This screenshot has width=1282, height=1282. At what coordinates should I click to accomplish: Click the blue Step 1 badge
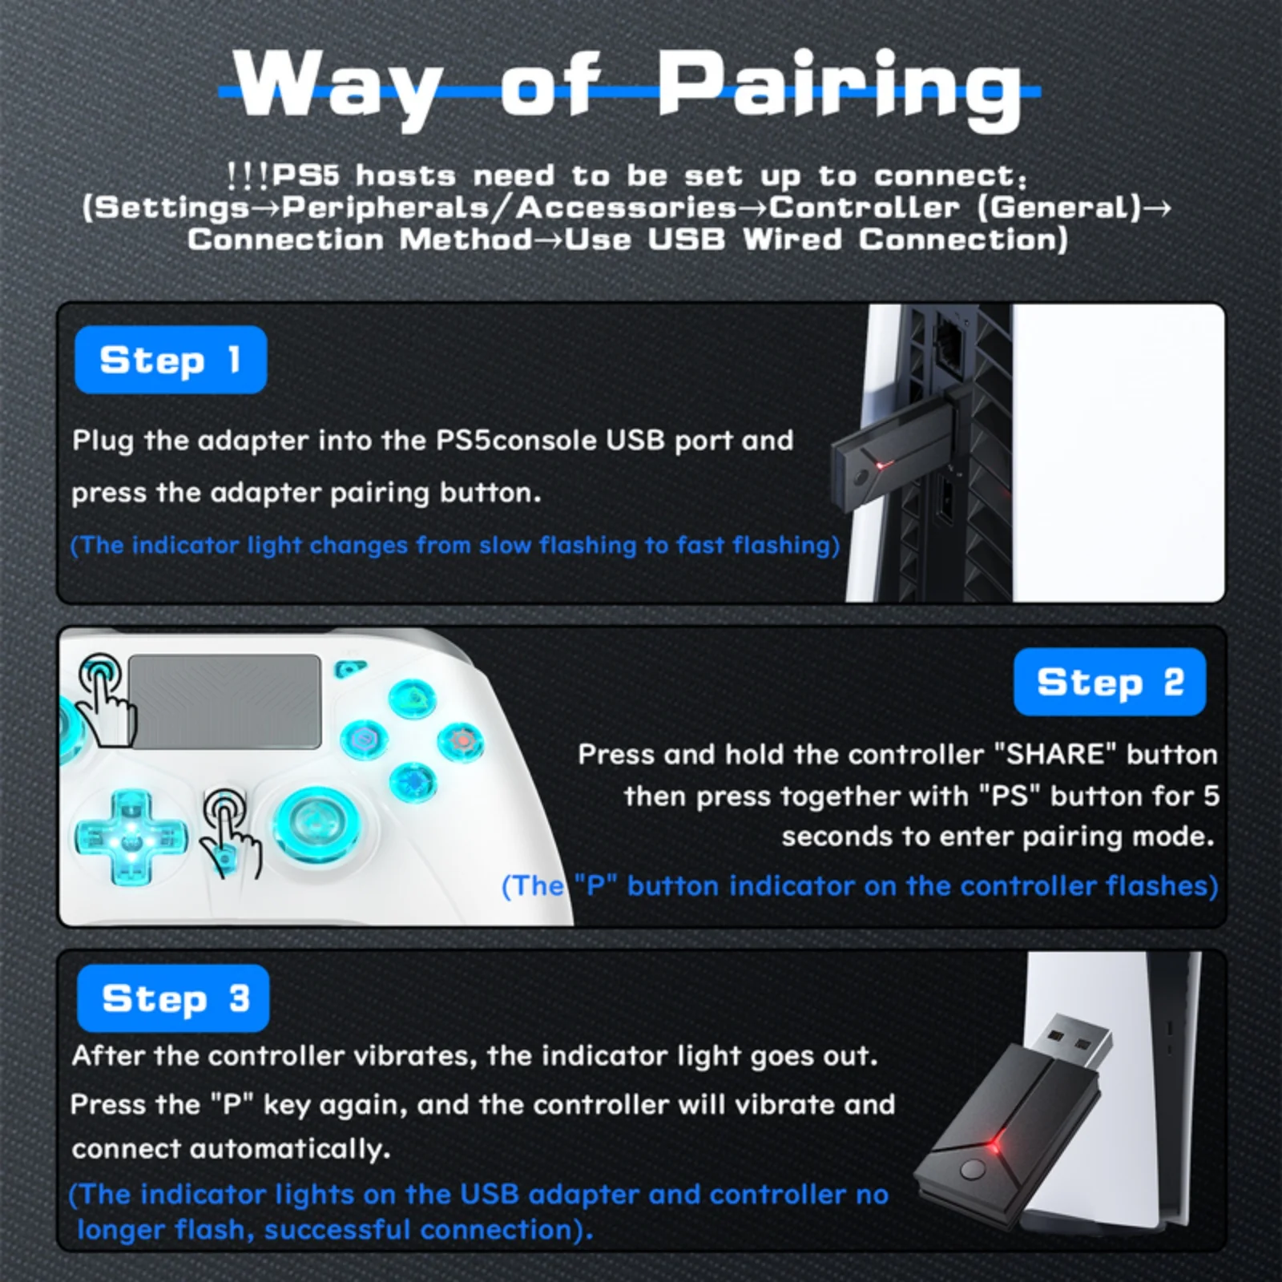coord(171,360)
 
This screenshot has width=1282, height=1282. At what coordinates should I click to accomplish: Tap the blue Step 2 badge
coord(1110,682)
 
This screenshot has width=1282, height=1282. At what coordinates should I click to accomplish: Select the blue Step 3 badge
coord(173,998)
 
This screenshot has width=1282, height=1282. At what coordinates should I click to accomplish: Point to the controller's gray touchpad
coord(225,702)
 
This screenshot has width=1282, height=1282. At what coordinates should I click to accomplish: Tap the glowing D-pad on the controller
coord(131,833)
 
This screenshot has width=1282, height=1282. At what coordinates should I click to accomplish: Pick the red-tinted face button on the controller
coord(461,741)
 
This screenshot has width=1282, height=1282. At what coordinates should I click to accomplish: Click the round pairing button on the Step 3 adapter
coord(972,1169)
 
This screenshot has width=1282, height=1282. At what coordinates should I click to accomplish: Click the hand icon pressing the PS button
coord(231,833)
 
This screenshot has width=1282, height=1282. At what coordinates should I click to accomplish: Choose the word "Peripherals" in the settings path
coord(385,208)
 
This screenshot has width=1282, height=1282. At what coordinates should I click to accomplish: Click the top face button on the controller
coord(413,696)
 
